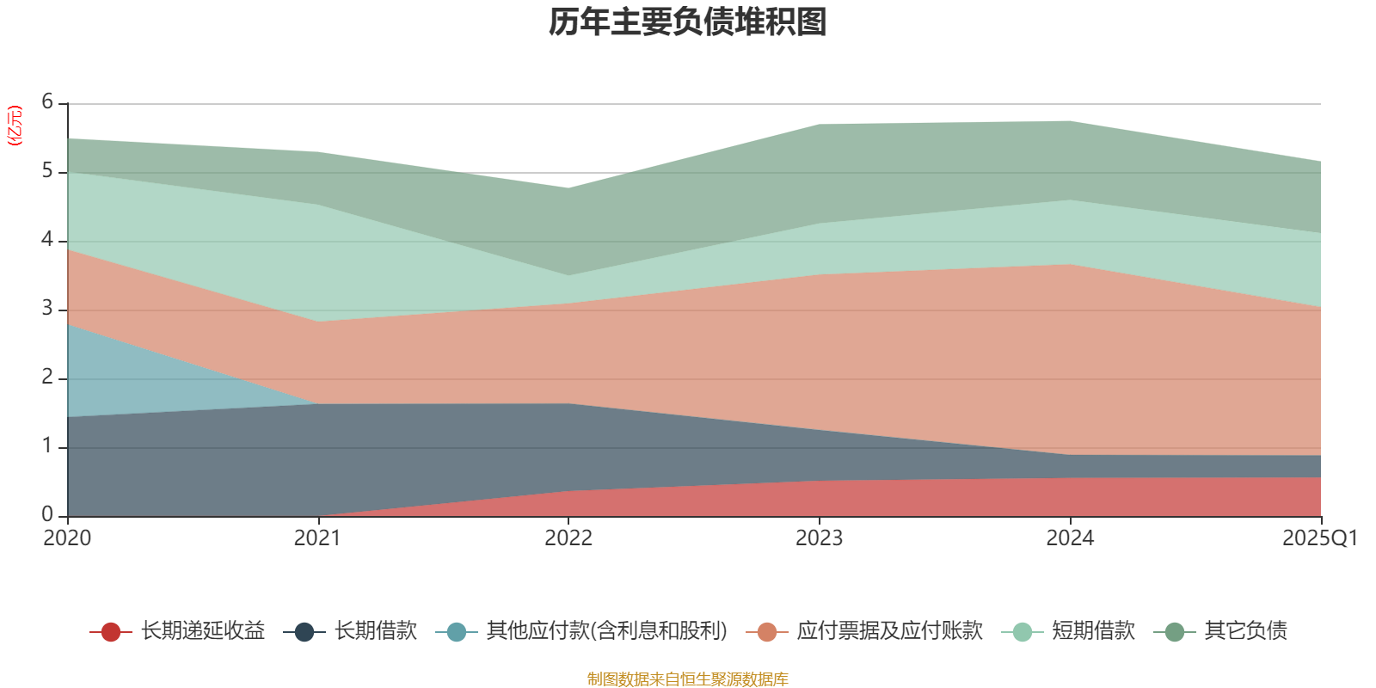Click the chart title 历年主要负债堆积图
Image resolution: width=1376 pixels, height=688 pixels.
[x=688, y=22]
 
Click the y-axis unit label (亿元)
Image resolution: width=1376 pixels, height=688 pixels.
[x=15, y=126]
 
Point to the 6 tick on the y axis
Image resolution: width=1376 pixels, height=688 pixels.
[x=47, y=102]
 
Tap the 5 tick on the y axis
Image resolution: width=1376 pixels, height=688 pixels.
[x=47, y=171]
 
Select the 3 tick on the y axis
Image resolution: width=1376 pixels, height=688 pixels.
[x=47, y=309]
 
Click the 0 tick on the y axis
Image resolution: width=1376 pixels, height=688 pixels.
[x=47, y=515]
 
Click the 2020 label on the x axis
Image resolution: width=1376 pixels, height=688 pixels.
[x=67, y=538]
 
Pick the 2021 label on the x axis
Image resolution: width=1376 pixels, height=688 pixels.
[x=317, y=538]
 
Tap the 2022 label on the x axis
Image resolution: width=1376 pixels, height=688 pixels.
[x=568, y=538]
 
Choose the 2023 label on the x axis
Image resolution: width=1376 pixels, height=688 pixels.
[x=819, y=538]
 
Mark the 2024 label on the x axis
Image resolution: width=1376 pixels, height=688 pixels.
[x=1070, y=538]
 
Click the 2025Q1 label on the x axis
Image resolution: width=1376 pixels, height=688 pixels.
[x=1319, y=538]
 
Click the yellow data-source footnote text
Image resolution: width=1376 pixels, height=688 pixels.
[x=688, y=679]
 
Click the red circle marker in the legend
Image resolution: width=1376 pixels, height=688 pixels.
[x=110, y=632]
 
